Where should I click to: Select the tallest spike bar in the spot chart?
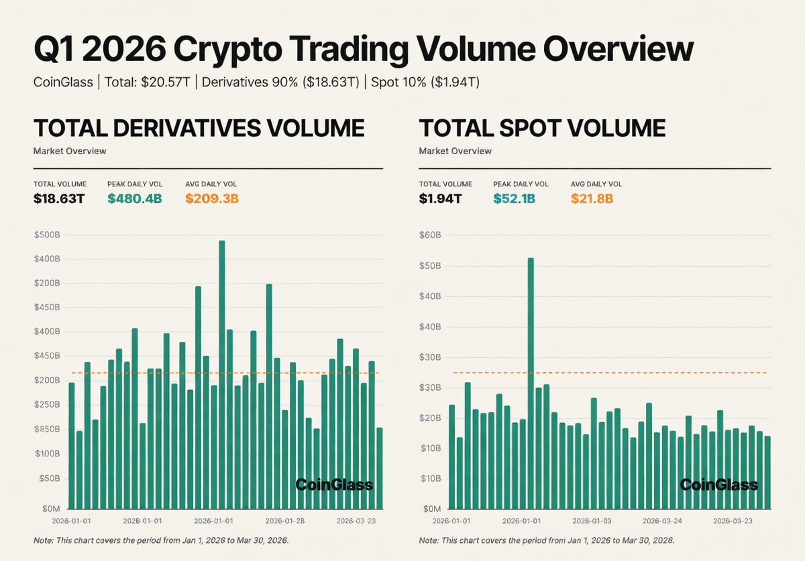tap(531, 382)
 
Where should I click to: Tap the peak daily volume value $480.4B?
tap(134, 198)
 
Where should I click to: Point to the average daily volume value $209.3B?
tap(212, 198)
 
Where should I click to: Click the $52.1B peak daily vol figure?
tap(515, 198)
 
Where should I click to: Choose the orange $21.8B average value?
tap(592, 198)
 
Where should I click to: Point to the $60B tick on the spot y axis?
tap(430, 235)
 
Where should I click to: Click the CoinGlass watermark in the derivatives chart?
tap(334, 485)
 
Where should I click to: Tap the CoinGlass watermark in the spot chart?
tap(719, 485)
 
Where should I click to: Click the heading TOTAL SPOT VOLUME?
tap(542, 128)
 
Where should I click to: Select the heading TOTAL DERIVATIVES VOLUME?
tap(199, 128)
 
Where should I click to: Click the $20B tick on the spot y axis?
tap(430, 418)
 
